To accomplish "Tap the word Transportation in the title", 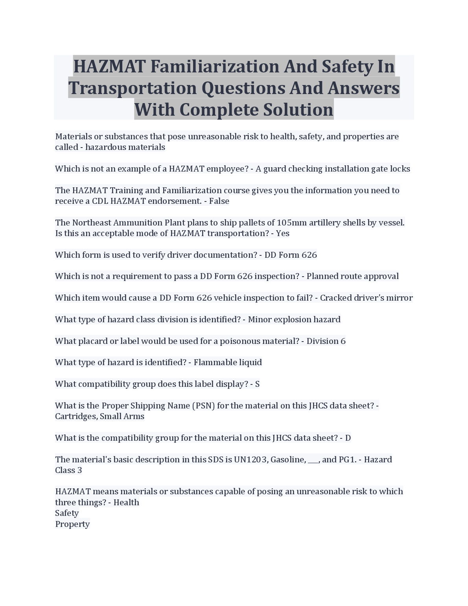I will coord(132,88).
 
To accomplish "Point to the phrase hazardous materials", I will coord(125,147).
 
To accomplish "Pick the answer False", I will coord(219,201).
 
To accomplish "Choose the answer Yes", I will coord(282,233).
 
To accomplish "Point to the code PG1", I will coord(347,460).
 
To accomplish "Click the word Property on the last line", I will coord(72,524).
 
